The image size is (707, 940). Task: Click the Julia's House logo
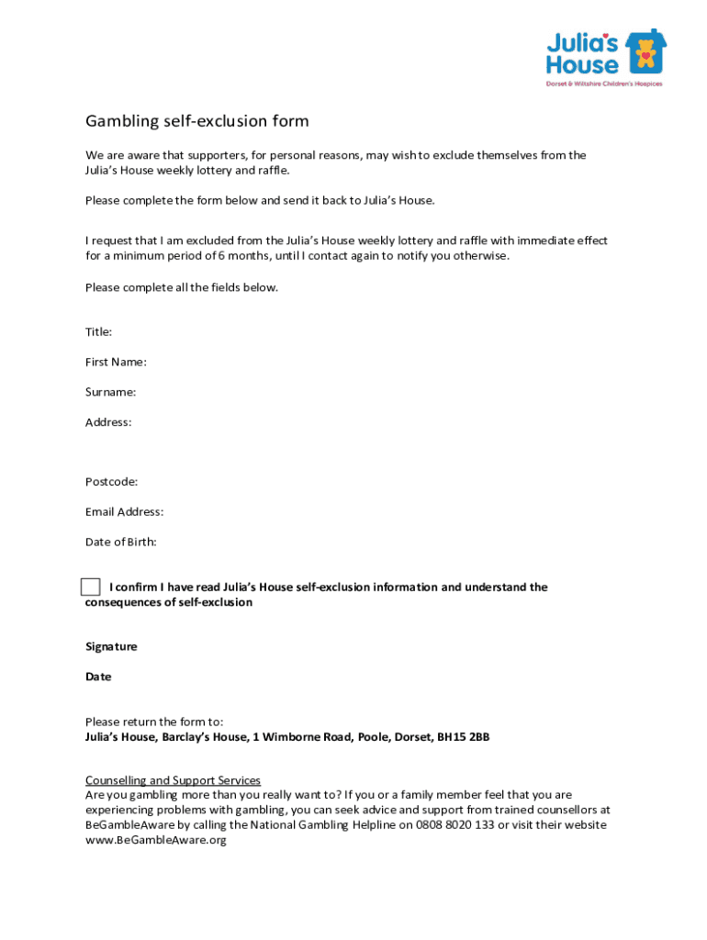coord(605,57)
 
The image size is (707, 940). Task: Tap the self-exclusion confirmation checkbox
coord(90,587)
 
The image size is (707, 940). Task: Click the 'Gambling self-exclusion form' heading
coord(197,121)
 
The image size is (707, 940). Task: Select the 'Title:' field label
coord(99,331)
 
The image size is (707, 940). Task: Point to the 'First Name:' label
coord(116,362)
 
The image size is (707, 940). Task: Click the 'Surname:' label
coord(111,392)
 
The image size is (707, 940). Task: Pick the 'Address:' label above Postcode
coord(108,422)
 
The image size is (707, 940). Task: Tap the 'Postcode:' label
coord(112,481)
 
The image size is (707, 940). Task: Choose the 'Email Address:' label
coord(125,511)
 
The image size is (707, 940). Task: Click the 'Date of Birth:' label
coord(121,542)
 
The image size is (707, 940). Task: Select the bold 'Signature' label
coord(111,646)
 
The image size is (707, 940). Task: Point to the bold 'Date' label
coord(98,677)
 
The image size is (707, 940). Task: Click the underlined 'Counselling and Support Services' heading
coord(173,780)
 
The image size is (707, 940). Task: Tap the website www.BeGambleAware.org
coord(155,840)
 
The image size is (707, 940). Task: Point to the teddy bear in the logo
coord(646,53)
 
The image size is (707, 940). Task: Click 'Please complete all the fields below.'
coord(182,287)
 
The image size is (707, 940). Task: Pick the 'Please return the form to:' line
coord(154,722)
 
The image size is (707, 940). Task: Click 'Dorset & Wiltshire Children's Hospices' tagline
coord(604,84)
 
